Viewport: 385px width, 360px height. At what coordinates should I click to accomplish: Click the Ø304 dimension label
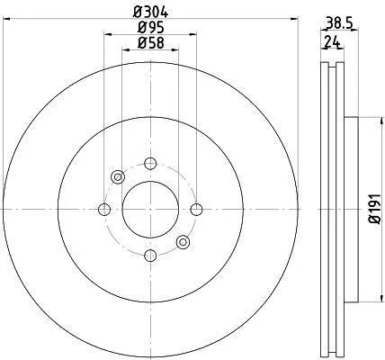[150, 13]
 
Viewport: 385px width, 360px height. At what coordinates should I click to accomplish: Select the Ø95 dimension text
[151, 28]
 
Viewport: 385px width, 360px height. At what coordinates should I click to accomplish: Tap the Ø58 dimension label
[151, 43]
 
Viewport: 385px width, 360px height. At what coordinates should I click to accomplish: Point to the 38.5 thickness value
[339, 23]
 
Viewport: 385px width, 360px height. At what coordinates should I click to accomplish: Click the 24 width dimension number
[332, 41]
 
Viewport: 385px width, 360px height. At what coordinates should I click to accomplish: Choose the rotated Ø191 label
[375, 209]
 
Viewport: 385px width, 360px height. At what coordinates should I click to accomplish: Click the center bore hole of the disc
[150, 210]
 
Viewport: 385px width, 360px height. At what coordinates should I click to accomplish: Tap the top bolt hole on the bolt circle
[150, 164]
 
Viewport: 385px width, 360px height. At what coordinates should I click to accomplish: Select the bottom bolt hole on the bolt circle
[150, 256]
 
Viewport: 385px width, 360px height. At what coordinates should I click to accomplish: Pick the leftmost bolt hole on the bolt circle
[104, 210]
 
